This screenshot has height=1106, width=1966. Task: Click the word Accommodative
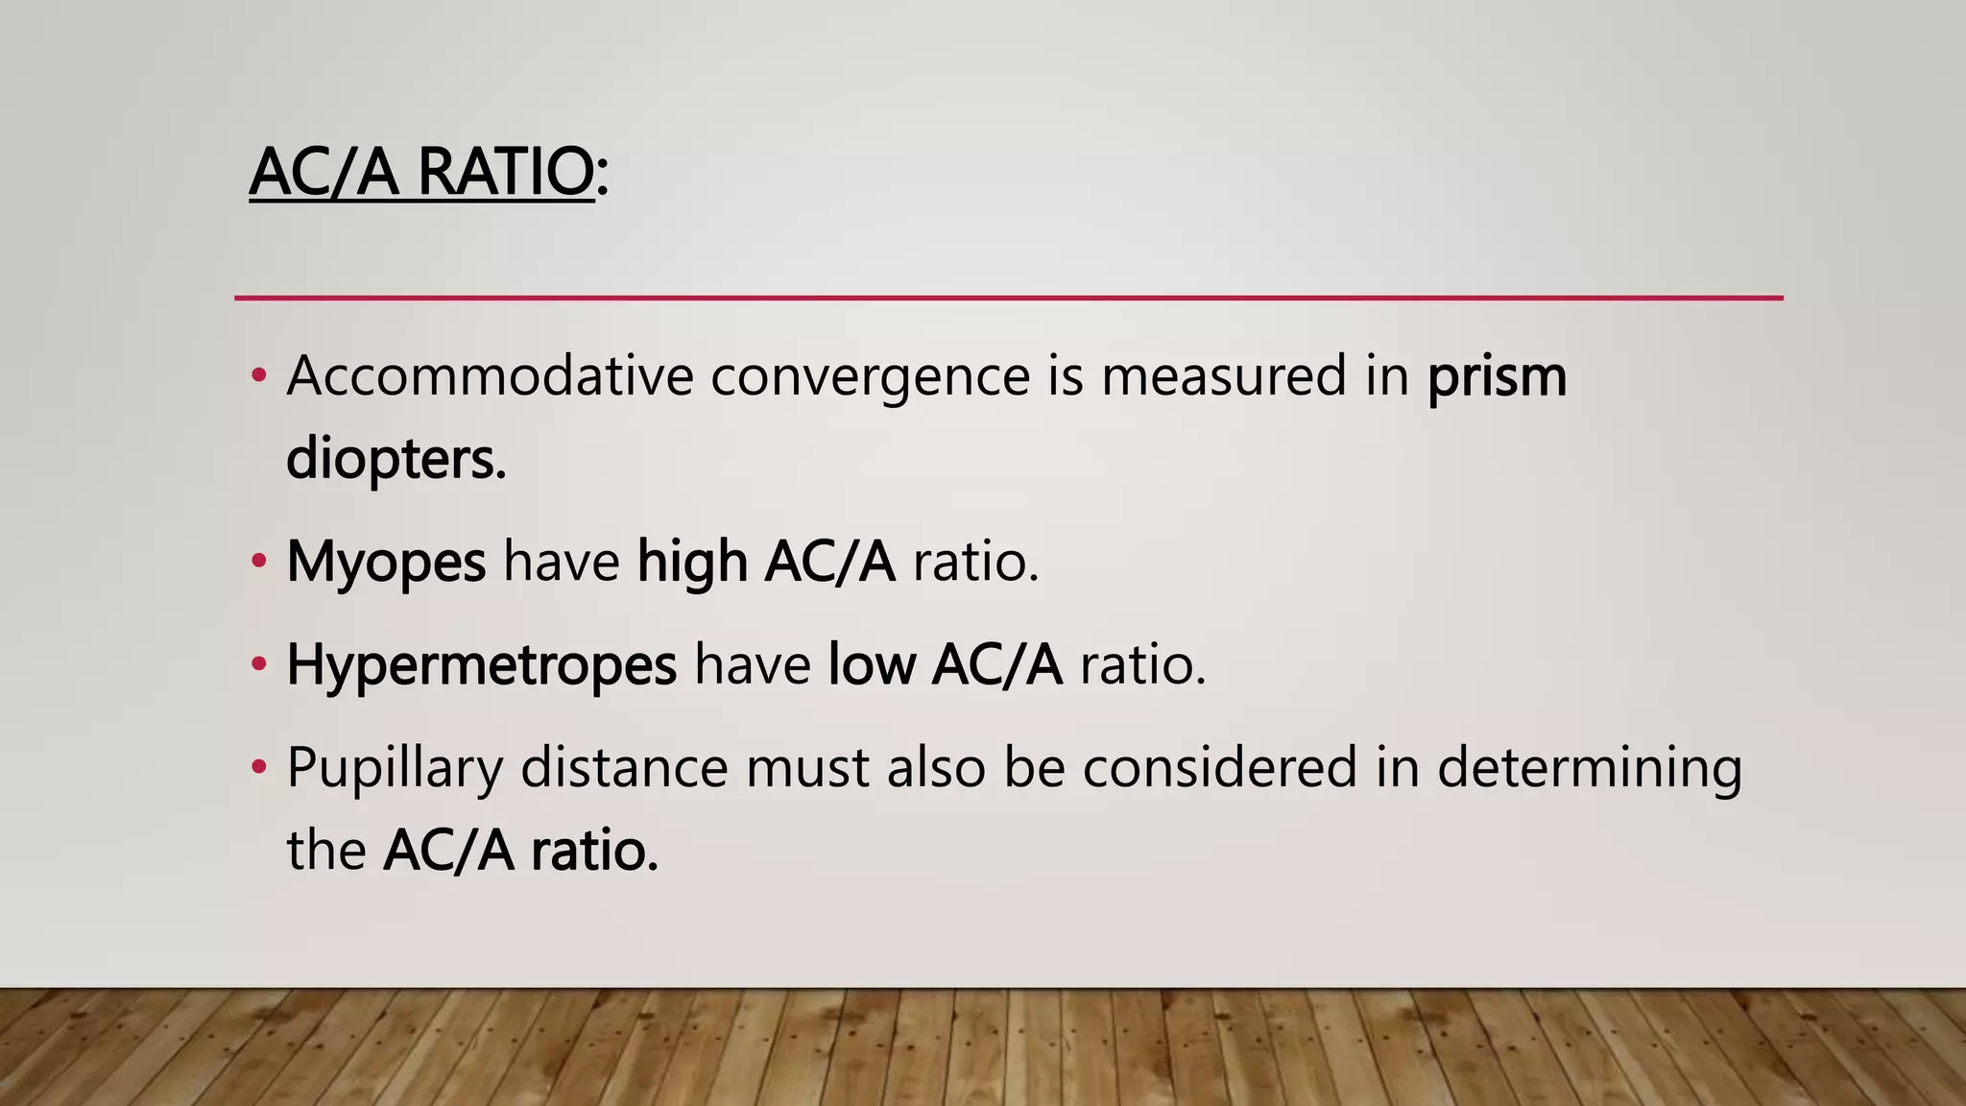point(490,375)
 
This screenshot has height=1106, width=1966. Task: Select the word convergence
point(870,375)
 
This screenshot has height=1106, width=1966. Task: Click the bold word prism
point(1497,377)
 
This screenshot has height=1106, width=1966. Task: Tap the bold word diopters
point(396,459)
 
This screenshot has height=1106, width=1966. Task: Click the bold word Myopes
point(386,563)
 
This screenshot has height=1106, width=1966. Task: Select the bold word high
point(692,563)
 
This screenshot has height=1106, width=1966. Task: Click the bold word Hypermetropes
point(482,665)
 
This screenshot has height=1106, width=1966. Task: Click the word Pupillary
point(395,769)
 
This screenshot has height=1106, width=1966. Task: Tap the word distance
point(624,767)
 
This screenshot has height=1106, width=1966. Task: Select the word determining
point(1589,769)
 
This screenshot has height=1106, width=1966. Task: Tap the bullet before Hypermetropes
point(258,663)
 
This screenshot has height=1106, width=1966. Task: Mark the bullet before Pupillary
point(258,767)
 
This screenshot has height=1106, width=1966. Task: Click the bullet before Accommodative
point(258,375)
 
